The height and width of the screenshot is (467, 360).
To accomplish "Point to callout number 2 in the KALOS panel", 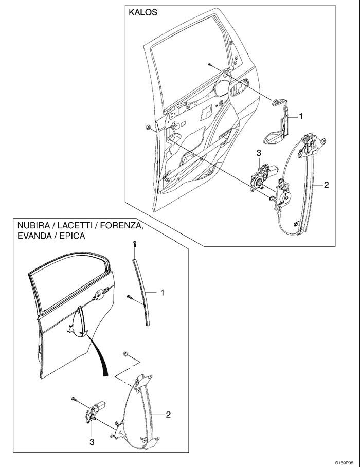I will pos(326,185).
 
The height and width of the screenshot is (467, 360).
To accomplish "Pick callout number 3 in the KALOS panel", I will pos(259,153).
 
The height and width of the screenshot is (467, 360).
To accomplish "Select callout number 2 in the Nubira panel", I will pos(168,414).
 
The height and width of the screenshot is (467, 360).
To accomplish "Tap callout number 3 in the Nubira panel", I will pos(92,441).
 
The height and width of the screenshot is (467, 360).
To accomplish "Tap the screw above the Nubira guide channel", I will pos(134,244).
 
